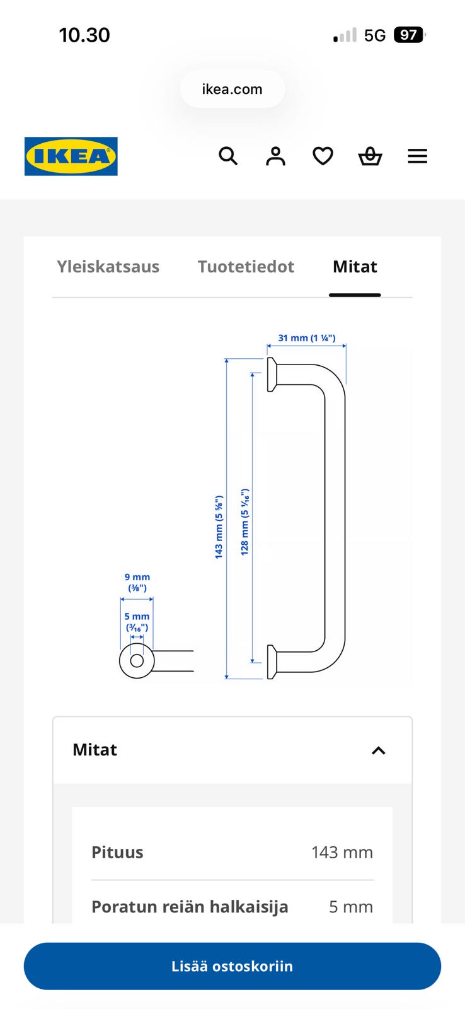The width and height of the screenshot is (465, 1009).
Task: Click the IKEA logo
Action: pyautogui.click(x=71, y=156)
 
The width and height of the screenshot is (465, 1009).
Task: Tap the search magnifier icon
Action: pyautogui.click(x=228, y=156)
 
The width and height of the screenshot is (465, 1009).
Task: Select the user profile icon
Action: pyautogui.click(x=275, y=156)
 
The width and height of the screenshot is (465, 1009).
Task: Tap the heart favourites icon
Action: pyautogui.click(x=323, y=156)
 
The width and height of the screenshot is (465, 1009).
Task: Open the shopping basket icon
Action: pyautogui.click(x=370, y=156)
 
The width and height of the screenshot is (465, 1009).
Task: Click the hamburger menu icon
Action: pyautogui.click(x=417, y=156)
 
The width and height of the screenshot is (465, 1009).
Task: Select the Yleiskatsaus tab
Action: pyautogui.click(x=108, y=267)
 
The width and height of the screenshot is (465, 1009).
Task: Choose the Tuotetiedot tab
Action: pyautogui.click(x=246, y=267)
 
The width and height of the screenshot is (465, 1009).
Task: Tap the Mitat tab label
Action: pyautogui.click(x=355, y=267)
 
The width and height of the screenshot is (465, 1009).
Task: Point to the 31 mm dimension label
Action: pyautogui.click(x=307, y=338)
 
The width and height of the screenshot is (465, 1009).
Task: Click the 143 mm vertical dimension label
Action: pyautogui.click(x=219, y=527)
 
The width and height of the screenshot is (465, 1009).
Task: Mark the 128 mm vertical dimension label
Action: pyautogui.click(x=244, y=522)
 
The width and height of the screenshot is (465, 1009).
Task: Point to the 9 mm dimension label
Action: pyautogui.click(x=137, y=582)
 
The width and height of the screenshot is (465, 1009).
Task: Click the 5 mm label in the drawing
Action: pyautogui.click(x=137, y=622)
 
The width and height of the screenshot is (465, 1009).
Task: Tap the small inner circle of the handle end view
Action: pyautogui.click(x=137, y=661)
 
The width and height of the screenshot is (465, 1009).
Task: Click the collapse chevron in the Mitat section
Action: pyautogui.click(x=378, y=750)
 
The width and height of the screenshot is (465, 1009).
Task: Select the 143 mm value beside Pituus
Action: pyautogui.click(x=342, y=852)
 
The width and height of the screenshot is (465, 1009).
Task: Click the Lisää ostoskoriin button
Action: pyautogui.click(x=233, y=966)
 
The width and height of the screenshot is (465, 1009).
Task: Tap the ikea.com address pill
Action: pyautogui.click(x=233, y=89)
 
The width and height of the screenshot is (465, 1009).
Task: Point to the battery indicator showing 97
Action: pyautogui.click(x=409, y=35)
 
